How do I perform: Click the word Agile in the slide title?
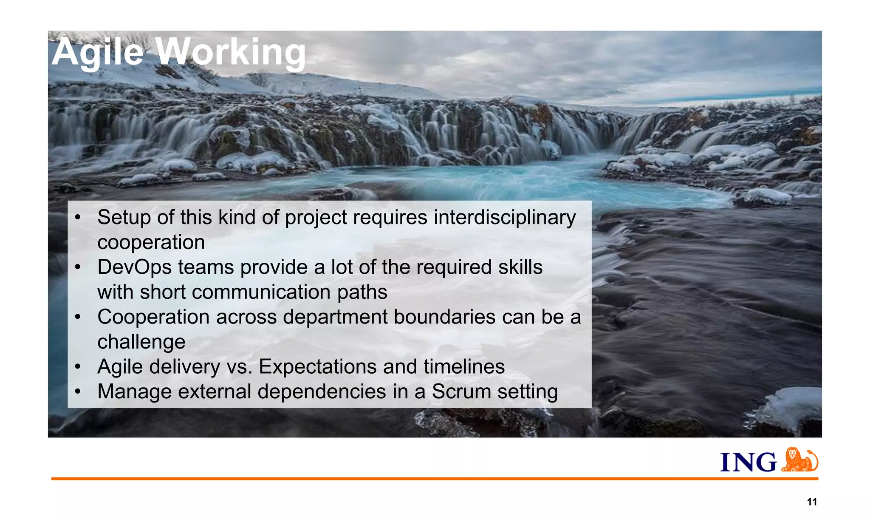[x=98, y=52]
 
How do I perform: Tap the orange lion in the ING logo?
[x=799, y=460]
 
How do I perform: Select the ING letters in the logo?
[x=748, y=462]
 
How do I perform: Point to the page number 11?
[x=812, y=502]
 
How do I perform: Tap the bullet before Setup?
[x=77, y=218]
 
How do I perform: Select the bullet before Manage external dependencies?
[x=77, y=391]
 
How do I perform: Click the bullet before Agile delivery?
[x=77, y=367]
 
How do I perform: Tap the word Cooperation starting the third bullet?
[x=153, y=317]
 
